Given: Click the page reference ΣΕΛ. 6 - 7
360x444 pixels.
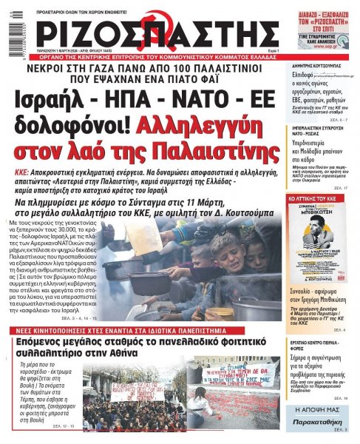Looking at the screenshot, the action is (336, 118).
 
